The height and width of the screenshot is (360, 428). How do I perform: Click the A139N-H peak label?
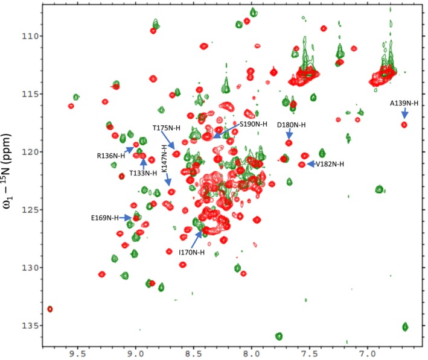tap(403, 103)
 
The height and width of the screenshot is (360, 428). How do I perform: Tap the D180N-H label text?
tap(291, 125)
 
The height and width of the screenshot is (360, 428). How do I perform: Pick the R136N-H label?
tap(110, 156)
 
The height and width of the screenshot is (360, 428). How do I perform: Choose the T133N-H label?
tap(141, 173)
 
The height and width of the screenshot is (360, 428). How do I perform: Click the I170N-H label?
tap(191, 252)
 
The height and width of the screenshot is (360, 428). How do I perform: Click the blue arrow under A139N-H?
tap(404, 113)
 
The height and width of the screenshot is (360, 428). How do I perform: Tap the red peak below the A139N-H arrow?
tap(404, 125)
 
